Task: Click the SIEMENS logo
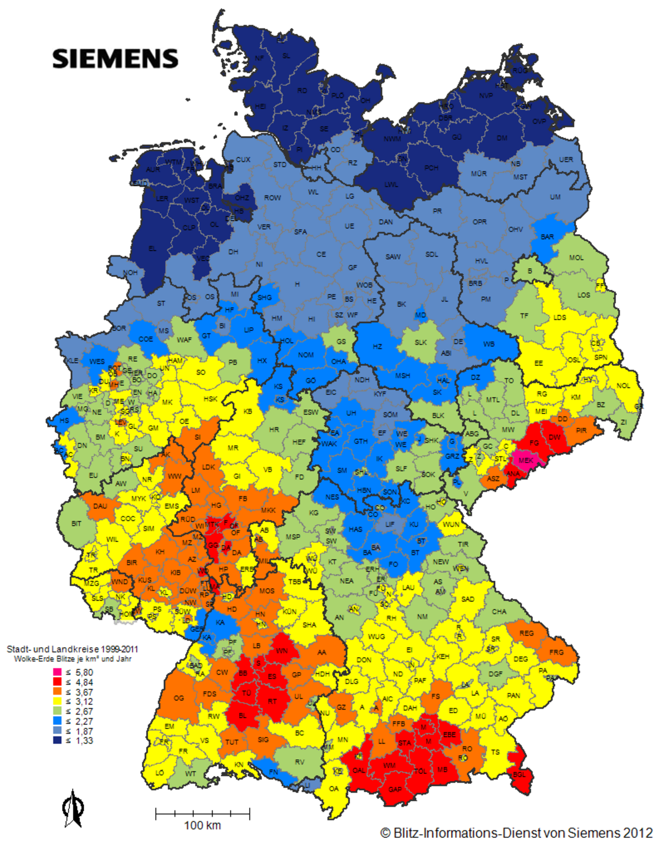tap(115, 59)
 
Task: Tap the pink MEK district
tap(526, 460)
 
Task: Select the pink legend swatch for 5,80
tap(57, 672)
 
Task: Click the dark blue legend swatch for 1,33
tap(57, 740)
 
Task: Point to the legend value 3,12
tap(84, 701)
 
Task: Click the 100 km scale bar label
tap(202, 825)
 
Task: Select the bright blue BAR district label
tap(547, 237)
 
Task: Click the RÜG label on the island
tap(520, 71)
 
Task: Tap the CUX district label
tap(243, 160)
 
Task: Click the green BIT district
tap(76, 523)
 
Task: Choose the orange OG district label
tap(179, 698)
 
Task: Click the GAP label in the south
tap(395, 790)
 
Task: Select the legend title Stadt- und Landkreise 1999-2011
tap(72, 649)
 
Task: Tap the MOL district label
tap(576, 258)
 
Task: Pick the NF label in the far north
tap(259, 58)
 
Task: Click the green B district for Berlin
tap(530, 271)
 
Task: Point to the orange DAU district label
tap(100, 506)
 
